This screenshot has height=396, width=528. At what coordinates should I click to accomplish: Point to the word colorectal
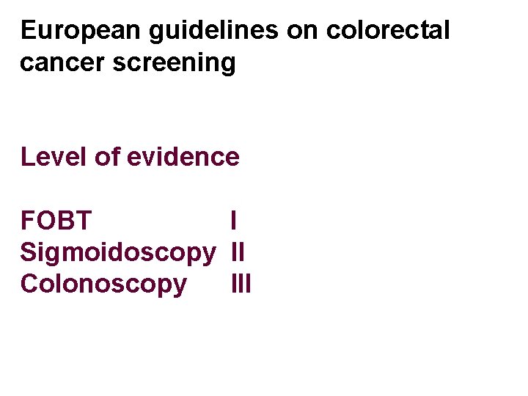pos(388,31)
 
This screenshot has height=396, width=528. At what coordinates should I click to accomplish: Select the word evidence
pos(183,156)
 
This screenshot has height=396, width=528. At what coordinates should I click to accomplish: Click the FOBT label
pos(56,220)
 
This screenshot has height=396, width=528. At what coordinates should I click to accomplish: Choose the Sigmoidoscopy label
pos(118,252)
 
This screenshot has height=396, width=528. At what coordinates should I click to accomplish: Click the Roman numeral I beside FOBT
pos(233,220)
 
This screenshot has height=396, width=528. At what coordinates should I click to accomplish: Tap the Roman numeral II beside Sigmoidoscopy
pos(238,252)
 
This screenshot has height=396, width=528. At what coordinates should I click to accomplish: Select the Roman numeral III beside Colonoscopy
pos(241,284)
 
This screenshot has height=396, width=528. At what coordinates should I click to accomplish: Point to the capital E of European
pos(28,31)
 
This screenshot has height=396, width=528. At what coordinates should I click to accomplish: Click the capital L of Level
pos(27,156)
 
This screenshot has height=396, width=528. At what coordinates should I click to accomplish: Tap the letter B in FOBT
pos(64,220)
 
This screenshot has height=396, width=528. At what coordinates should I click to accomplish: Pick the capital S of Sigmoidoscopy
pos(29,252)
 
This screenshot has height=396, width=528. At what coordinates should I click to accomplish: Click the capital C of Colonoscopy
pos(30,284)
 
